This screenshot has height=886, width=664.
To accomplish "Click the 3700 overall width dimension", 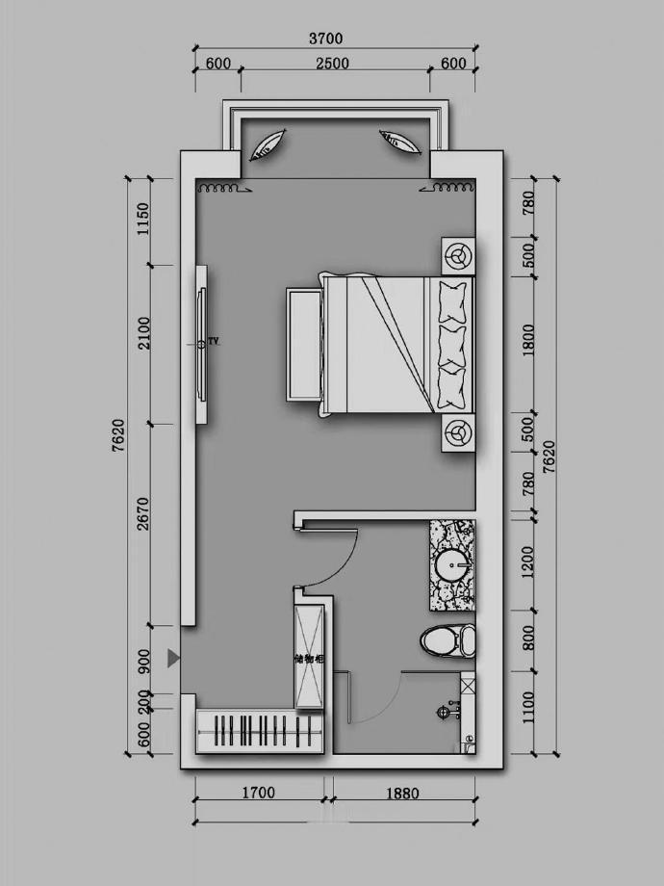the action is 326,39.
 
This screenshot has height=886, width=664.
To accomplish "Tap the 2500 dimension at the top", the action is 332,64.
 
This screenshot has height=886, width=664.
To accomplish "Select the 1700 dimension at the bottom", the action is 259,793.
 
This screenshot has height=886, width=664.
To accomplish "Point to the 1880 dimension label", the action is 402,794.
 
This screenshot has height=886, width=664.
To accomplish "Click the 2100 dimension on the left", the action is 144,333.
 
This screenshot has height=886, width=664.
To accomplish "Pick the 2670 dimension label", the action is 143,513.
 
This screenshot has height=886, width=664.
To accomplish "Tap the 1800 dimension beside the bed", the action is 528,340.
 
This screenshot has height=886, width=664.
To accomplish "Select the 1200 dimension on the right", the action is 528,562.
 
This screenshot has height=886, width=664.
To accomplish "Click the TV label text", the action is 213,341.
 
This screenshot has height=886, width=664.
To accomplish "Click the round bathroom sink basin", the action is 451,564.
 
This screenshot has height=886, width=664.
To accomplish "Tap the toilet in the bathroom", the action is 447,640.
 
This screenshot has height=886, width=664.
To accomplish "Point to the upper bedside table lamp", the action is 458,256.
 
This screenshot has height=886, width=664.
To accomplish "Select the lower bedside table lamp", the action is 458,432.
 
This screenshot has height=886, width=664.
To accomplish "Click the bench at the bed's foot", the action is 304,344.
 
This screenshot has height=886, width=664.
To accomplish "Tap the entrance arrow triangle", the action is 173,659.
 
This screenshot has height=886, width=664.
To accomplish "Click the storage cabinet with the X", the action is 310,657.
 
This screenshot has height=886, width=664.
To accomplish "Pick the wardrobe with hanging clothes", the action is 260,732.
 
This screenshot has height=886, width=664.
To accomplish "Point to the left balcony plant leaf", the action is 268,145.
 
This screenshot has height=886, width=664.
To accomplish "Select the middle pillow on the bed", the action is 453,345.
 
